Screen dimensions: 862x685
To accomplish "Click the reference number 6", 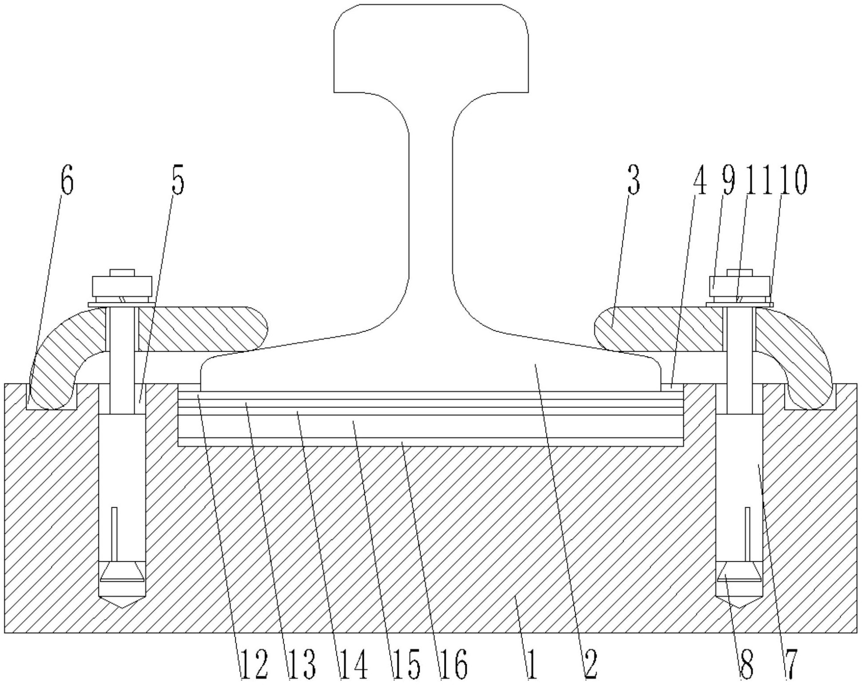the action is tap(66, 181).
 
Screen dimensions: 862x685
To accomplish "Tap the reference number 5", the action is tap(178, 181).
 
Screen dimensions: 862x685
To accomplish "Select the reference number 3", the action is tap(634, 181).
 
